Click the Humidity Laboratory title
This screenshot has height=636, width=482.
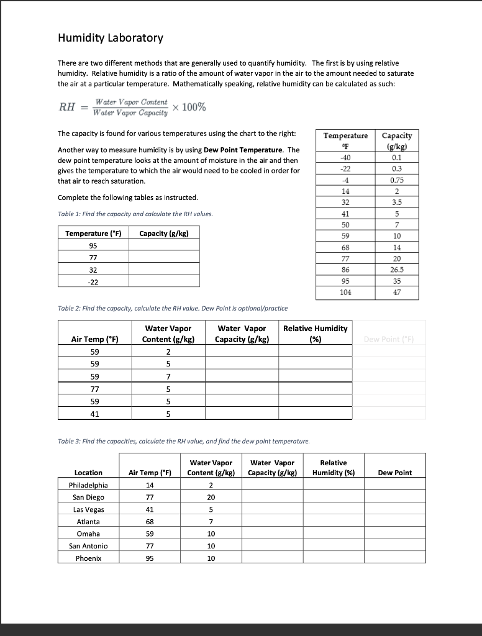click(x=111, y=38)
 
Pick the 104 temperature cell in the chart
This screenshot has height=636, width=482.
click(x=345, y=292)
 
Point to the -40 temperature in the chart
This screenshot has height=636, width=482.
click(x=345, y=157)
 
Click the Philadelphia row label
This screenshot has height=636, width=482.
click(x=88, y=485)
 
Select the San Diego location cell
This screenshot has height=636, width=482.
click(x=88, y=497)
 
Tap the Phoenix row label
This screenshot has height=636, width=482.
click(x=88, y=558)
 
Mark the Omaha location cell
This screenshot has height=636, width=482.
click(x=88, y=534)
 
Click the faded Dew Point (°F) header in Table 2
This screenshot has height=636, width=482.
click(x=394, y=339)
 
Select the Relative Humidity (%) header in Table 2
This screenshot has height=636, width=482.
click(x=315, y=334)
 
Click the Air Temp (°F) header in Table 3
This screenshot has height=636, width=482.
click(x=149, y=473)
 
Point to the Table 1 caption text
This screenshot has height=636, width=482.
click(x=135, y=214)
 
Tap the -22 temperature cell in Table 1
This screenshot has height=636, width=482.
click(x=93, y=281)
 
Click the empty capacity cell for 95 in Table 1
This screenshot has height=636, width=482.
click(x=165, y=245)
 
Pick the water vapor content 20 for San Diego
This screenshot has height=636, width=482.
click(x=211, y=497)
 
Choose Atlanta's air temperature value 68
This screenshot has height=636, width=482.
click(x=149, y=522)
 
